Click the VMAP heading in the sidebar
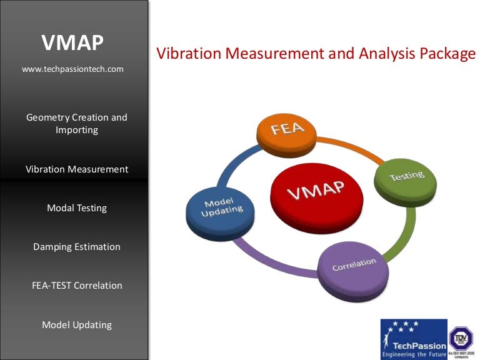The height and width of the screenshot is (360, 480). pyautogui.click(x=72, y=42)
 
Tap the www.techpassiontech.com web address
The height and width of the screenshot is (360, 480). pyautogui.click(x=72, y=69)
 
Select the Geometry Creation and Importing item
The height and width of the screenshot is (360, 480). pyautogui.click(x=76, y=124)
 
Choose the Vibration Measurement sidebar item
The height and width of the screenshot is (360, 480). pyautogui.click(x=77, y=169)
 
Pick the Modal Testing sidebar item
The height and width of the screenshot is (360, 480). pyautogui.click(x=77, y=207)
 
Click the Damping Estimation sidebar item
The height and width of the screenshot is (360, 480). pyautogui.click(x=77, y=246)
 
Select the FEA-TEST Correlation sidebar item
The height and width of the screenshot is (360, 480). pyautogui.click(x=77, y=285)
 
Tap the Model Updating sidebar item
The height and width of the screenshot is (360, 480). pyautogui.click(x=77, y=324)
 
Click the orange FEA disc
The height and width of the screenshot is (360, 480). pyautogui.click(x=288, y=131)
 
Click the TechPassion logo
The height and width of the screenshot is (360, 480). pyautogui.click(x=414, y=337)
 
